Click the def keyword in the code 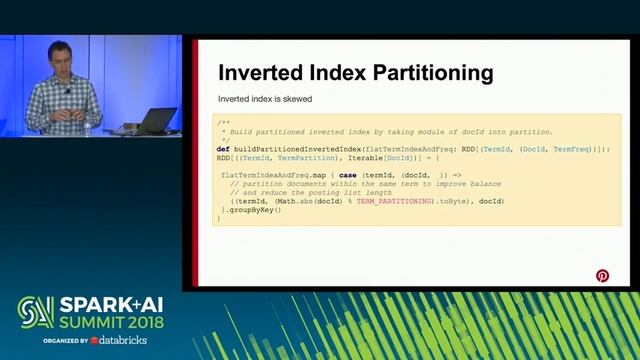[224, 148]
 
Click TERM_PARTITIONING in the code [389, 201]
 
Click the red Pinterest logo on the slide [602, 276]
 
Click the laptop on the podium [156, 121]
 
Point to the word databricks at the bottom [123, 341]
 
